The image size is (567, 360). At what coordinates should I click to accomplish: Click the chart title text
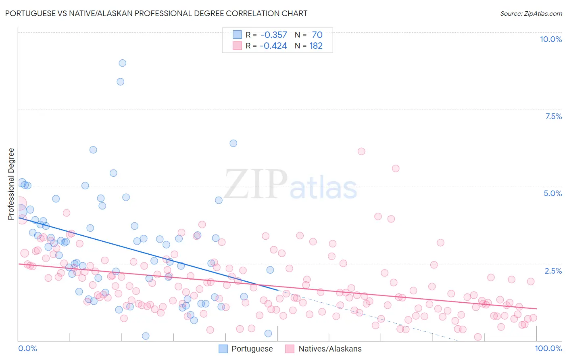156,13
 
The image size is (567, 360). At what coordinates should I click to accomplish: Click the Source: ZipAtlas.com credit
531,13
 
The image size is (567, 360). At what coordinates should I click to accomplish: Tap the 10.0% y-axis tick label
550,39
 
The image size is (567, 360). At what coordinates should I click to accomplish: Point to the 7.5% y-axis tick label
553,116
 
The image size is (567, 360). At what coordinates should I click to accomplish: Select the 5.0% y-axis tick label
552,193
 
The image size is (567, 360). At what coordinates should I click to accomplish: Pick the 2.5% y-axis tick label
553,271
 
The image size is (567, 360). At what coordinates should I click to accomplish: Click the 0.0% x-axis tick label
27,348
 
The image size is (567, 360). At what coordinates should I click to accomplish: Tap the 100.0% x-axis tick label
548,348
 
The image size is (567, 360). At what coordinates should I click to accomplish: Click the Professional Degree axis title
11,184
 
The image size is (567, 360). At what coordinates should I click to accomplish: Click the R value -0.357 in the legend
273,35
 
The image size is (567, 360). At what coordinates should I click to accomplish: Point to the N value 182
316,46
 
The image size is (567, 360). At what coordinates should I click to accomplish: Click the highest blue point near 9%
122,63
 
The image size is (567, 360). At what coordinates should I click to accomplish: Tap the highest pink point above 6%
361,151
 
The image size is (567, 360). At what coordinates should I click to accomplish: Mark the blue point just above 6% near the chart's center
233,143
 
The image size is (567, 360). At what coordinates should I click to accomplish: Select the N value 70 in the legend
317,35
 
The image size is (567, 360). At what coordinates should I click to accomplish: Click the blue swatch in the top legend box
237,35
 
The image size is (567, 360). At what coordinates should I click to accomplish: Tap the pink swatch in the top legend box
237,46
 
